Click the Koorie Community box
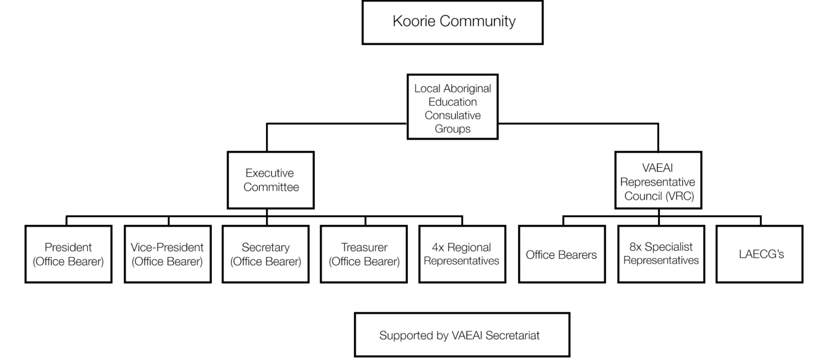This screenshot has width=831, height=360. [453, 23]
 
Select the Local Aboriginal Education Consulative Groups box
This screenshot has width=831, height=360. [453, 107]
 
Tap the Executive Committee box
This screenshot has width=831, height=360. [271, 180]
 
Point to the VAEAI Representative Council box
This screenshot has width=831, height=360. [659, 180]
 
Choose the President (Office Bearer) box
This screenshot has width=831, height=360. [69, 254]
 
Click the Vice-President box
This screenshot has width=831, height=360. [168, 254]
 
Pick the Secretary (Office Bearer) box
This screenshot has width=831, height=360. [265, 254]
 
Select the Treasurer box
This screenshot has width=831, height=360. [364, 254]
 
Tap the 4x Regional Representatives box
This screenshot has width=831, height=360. [462, 254]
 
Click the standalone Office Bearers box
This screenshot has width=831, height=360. [562, 254]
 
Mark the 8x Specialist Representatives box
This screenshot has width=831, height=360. [661, 254]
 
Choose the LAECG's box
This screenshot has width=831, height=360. [760, 254]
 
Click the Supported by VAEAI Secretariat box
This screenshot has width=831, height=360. [462, 335]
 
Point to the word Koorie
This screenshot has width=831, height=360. [414, 21]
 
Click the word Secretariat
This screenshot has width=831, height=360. [512, 335]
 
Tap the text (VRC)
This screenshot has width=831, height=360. [680, 196]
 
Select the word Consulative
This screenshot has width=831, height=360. [453, 115]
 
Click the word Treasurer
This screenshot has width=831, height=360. [365, 247]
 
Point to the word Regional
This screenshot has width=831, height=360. [469, 248]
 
